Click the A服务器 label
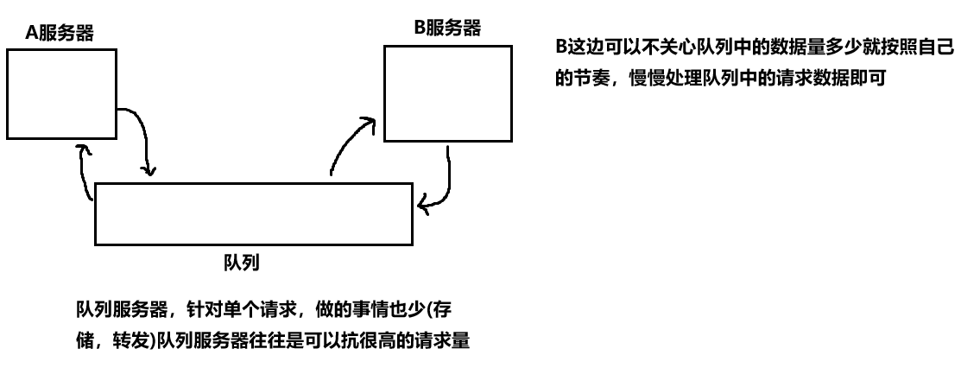coord(60,35)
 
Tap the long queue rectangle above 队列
coord(253,213)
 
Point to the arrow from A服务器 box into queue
coord(142,138)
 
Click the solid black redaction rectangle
coord(656,262)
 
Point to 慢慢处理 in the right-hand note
coord(659,79)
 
